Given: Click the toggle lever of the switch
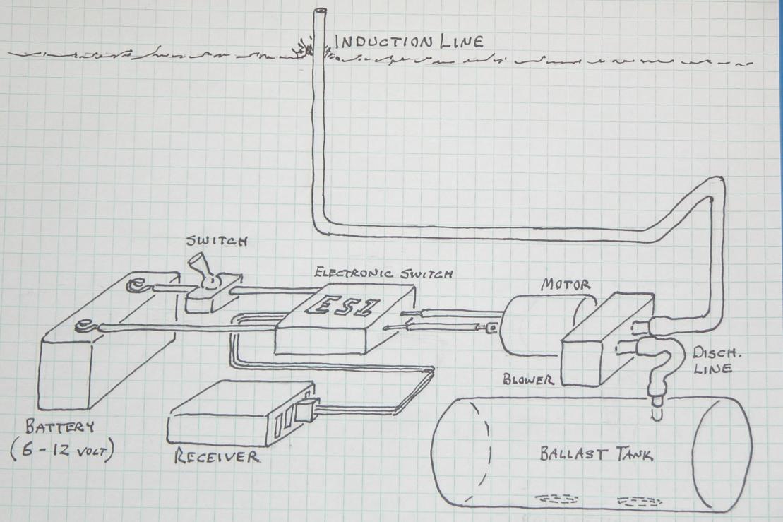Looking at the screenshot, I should point(198,272).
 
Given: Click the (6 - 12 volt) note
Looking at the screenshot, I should point(62,453).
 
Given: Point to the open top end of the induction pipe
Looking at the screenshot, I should point(321,12).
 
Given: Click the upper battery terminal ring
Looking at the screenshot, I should point(132,287).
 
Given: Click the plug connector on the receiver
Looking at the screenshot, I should point(306,411).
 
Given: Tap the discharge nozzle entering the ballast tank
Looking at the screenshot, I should point(656,406).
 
